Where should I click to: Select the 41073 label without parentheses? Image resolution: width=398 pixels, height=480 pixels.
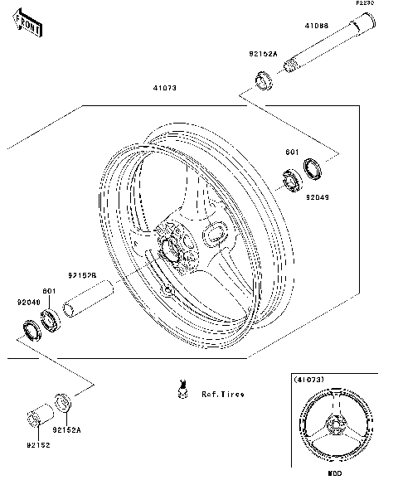(x=163, y=87)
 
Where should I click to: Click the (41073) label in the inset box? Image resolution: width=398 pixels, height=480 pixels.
(x=308, y=379)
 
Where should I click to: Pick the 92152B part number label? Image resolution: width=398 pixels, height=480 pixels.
(x=83, y=274)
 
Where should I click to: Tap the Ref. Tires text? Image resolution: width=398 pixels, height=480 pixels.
(x=223, y=395)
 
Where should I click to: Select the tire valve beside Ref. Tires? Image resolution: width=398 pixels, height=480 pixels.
(x=178, y=388)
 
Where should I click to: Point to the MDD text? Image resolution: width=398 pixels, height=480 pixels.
(x=334, y=473)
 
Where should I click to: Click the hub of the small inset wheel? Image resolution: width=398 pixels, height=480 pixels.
(x=334, y=427)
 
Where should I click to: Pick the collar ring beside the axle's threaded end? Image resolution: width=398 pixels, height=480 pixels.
(x=265, y=81)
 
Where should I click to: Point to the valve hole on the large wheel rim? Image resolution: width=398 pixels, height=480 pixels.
(x=168, y=290)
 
